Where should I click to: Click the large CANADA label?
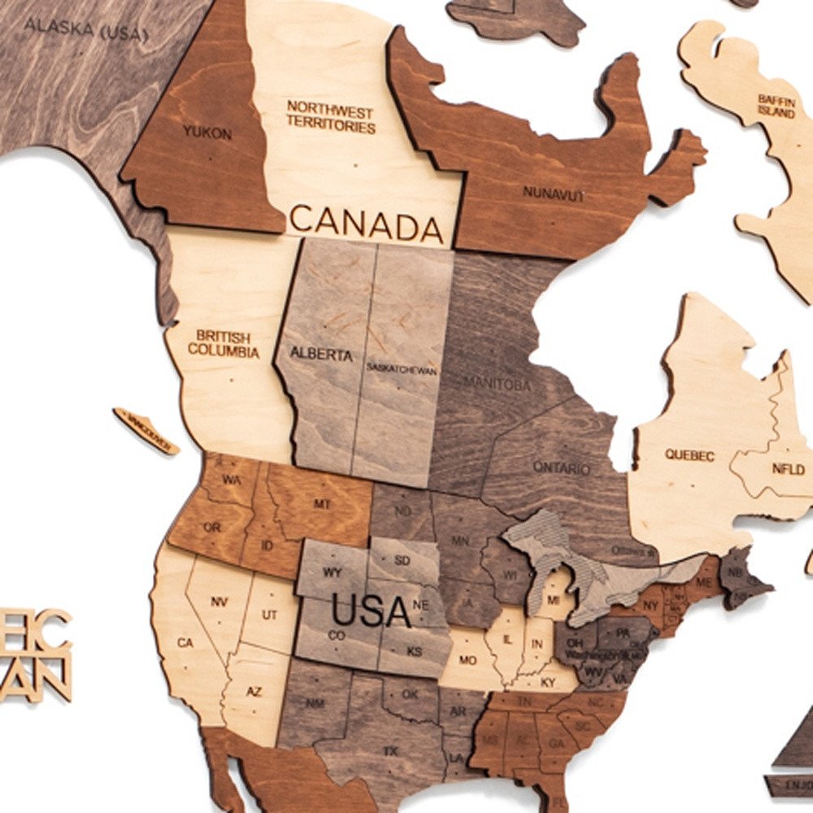367,223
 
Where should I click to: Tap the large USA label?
371,611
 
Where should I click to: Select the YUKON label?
207,133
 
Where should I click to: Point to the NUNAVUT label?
553,195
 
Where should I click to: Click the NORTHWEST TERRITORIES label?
330,120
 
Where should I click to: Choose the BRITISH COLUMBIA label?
224,345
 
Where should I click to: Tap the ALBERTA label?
322,355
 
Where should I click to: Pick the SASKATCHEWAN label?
402,369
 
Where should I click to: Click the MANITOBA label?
498,384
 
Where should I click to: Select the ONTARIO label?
561,467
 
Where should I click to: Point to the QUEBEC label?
689,455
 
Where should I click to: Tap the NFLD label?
789,469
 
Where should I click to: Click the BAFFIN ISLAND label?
776,107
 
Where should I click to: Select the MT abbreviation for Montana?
323,505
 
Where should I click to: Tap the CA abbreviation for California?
185,643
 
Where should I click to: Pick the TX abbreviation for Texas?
391,751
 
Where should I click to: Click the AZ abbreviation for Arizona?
254,692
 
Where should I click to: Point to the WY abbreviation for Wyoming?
332,572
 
